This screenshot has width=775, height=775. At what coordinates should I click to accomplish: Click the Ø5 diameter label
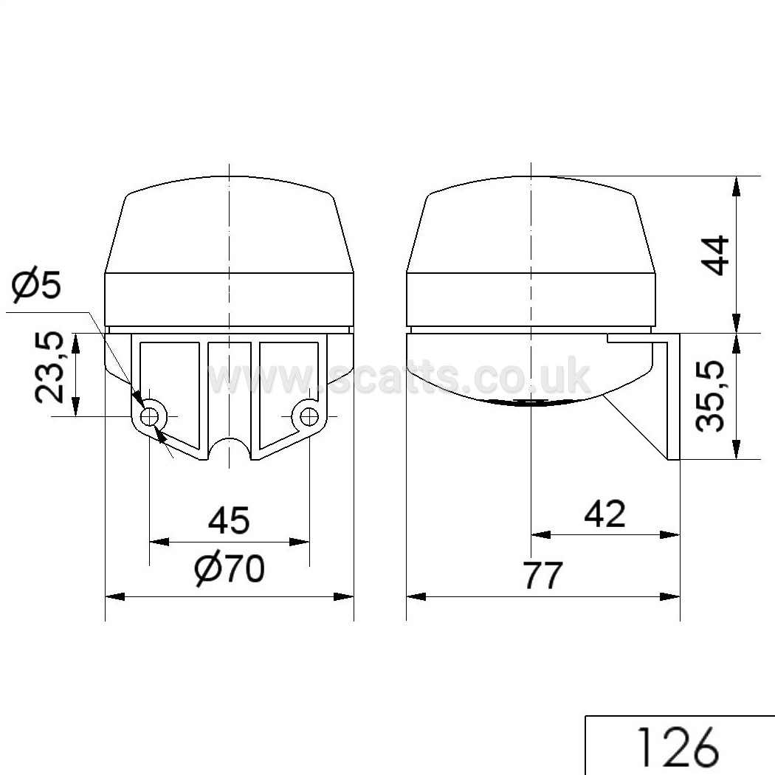(36, 286)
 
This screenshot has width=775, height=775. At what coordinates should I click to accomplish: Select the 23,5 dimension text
(49, 368)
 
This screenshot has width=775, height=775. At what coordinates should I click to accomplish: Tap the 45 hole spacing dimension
(229, 520)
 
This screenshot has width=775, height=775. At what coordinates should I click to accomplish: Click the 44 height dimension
(716, 255)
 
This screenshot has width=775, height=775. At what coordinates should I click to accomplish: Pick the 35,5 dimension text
(710, 396)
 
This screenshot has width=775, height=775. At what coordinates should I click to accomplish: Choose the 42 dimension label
(604, 514)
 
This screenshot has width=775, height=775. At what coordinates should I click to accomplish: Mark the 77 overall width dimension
(543, 575)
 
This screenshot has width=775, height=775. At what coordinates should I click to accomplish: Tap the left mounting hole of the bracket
(149, 417)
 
